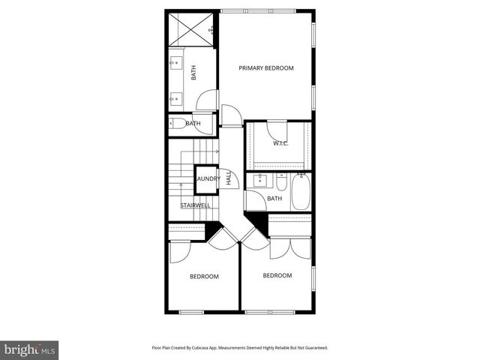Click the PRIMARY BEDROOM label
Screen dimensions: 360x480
coord(266,68)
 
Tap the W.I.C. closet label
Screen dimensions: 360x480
coord(281,143)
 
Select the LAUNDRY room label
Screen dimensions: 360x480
coord(207,178)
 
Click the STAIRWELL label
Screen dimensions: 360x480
coord(195,205)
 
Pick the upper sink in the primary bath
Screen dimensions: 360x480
coord(175,62)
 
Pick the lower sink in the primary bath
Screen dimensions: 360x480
coord(175,97)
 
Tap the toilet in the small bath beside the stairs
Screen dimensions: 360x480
coord(178,124)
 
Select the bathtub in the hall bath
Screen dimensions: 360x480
coord(302,192)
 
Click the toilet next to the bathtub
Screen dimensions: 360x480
coord(281,183)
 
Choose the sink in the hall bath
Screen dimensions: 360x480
coord(259,181)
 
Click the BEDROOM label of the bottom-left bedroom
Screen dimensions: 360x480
coord(204,277)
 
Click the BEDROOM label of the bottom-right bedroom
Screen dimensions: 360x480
coord(277,275)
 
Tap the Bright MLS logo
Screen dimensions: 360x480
coord(30,349)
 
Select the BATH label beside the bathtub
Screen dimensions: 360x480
coord(274,199)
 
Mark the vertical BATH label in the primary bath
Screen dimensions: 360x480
coord(193,73)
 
